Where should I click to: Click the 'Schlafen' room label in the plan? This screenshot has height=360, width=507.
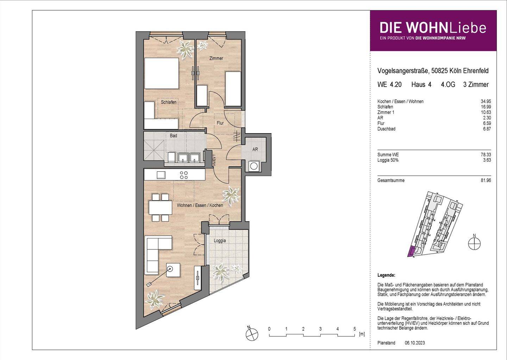coord(169,102)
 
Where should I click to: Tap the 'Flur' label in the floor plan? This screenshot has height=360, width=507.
coord(220,123)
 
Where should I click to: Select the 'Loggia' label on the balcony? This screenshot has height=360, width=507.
coord(220,241)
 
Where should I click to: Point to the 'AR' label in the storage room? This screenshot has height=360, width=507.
coord(255,149)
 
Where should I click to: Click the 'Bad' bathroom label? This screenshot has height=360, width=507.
coord(173,136)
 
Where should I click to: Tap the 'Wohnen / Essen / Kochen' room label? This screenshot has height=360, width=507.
coord(200,205)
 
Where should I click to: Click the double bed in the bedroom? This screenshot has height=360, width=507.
coord(162,73)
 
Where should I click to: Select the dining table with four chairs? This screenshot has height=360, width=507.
coord(160,207)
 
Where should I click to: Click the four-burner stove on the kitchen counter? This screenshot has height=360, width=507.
coord(184,175)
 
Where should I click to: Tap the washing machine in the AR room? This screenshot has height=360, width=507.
coord(253,166)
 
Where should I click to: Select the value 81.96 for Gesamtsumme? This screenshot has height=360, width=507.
coord(486,180)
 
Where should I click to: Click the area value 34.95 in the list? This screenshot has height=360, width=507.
coord(486,101)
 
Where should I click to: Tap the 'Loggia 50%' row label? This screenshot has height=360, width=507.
coord(388,160)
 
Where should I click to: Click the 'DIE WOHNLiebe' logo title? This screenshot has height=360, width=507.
coord(433,27)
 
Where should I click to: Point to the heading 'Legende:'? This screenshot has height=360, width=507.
coord(386,275)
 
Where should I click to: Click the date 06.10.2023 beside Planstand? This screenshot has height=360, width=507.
coord(415,343)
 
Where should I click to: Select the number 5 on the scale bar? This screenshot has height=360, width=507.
coord(355,329)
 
